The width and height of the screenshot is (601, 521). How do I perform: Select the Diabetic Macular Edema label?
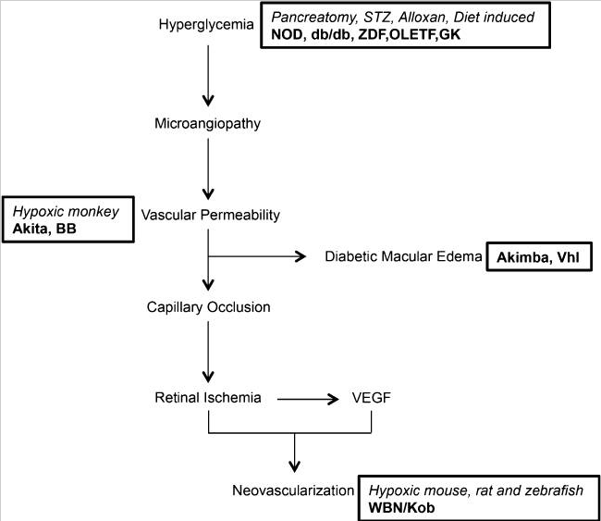click(x=405, y=257)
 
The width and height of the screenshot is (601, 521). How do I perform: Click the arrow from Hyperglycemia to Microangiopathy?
click(x=210, y=69)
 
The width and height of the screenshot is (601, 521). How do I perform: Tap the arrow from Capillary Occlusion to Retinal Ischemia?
click(x=210, y=352)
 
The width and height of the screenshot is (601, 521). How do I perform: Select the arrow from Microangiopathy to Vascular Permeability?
click(x=210, y=167)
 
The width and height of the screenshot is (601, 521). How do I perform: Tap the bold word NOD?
click(x=287, y=34)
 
